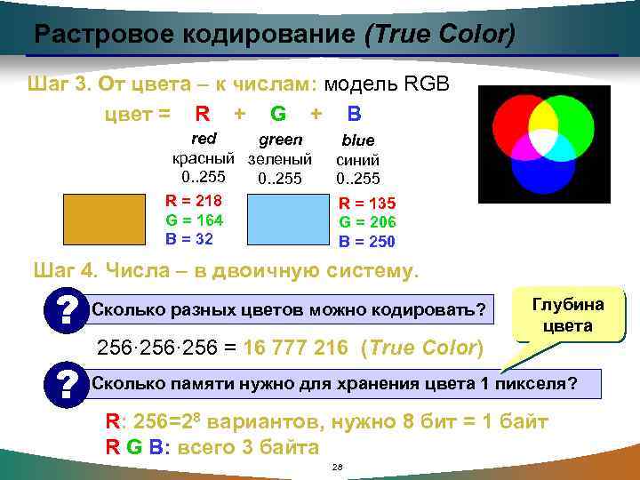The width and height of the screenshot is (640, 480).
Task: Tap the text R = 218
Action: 194,200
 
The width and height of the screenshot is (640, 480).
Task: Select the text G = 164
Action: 194,220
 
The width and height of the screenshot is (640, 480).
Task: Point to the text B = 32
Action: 189,238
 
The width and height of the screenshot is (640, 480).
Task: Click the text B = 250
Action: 367,242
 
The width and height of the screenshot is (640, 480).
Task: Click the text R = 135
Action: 367,204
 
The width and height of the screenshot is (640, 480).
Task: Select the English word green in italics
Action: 280,140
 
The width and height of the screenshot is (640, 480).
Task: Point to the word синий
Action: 358,160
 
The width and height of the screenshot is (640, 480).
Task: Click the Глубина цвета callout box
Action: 568,316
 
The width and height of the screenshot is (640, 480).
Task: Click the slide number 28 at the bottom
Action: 336,467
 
